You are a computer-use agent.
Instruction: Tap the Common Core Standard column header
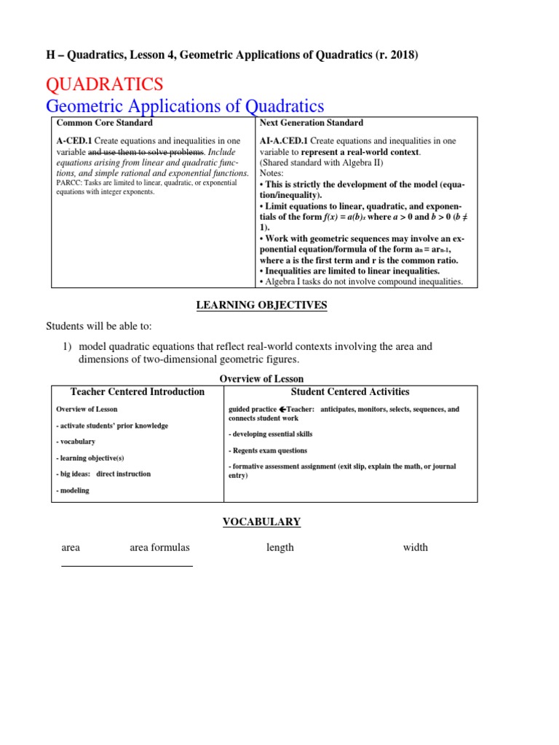[105, 123]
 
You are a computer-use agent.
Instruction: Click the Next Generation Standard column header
[311, 123]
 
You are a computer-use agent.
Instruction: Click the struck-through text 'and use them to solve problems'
[146, 151]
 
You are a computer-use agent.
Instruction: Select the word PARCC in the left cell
[69, 183]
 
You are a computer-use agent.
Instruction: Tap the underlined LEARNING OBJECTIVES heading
[262, 305]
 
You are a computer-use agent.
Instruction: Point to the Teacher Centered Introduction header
[137, 391]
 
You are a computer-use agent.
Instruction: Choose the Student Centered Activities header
[350, 391]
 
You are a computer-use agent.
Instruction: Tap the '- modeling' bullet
[73, 490]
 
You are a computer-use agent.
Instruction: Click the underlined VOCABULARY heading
[261, 522]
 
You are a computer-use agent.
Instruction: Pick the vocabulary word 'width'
[415, 547]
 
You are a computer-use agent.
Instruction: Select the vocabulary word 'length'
[280, 547]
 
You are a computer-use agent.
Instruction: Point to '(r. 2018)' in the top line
[392, 56]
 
